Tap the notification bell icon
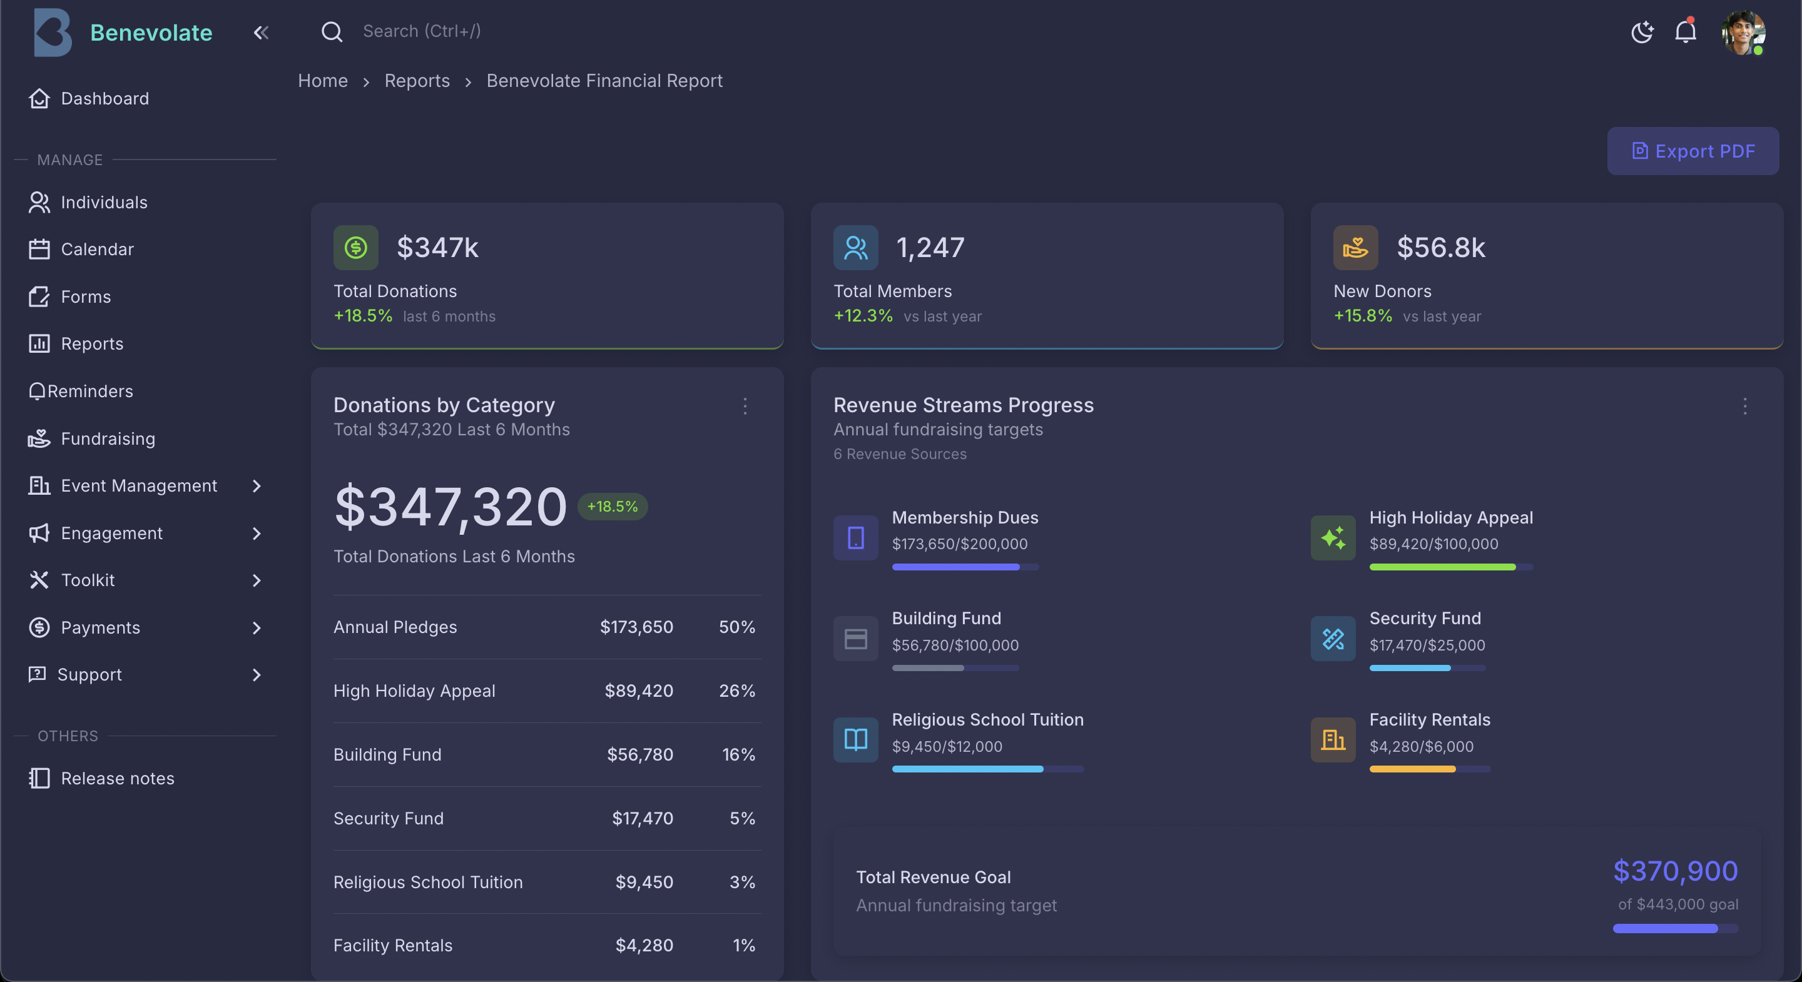click(1685, 31)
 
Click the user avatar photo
click(1743, 31)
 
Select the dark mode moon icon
click(1641, 31)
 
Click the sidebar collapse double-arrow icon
click(261, 32)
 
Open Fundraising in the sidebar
click(108, 438)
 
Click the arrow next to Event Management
click(257, 486)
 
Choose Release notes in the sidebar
click(117, 779)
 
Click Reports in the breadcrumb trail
click(417, 81)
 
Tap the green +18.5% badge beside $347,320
click(612, 507)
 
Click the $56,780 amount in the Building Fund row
click(639, 755)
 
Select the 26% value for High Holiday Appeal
click(736, 691)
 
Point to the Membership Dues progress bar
click(965, 567)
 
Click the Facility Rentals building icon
click(1333, 739)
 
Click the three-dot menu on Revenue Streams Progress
click(1744, 407)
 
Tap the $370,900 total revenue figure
click(1675, 871)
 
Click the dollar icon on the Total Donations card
click(355, 248)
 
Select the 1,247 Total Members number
click(930, 248)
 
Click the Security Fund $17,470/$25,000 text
click(1427, 645)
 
